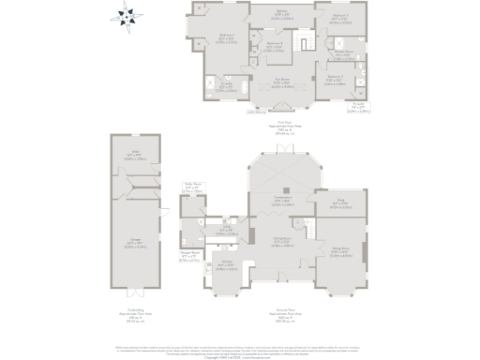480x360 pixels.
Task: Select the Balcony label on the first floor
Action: click(281, 13)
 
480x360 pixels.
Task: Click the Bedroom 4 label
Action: click(274, 44)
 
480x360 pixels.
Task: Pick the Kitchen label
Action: click(226, 266)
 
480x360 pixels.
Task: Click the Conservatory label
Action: click(282, 200)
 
